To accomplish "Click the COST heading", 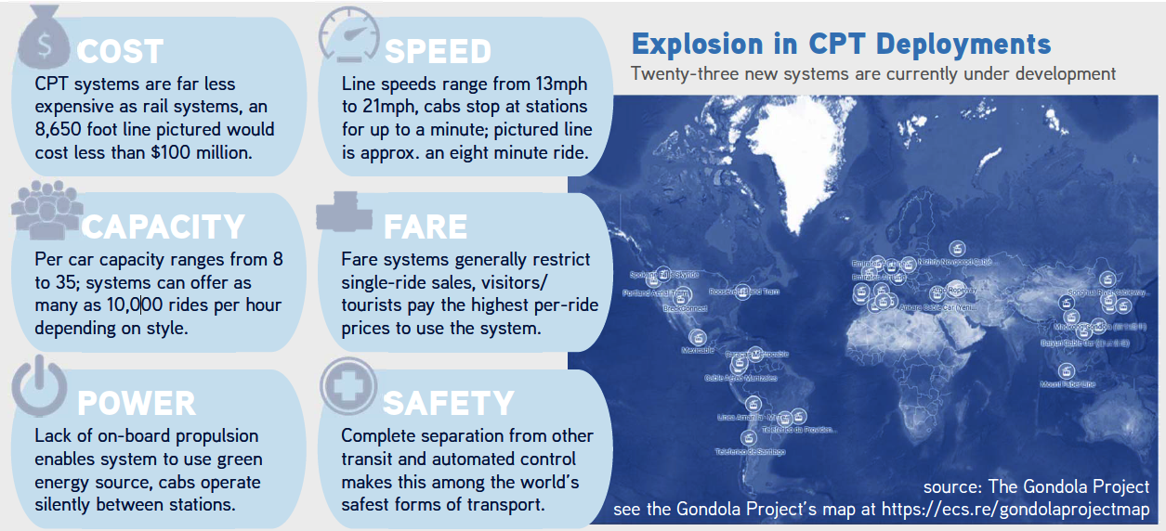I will tap(121, 50).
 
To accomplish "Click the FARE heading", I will tap(426, 227).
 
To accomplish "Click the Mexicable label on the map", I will tap(698, 351).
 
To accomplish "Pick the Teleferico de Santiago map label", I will tap(750, 452).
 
